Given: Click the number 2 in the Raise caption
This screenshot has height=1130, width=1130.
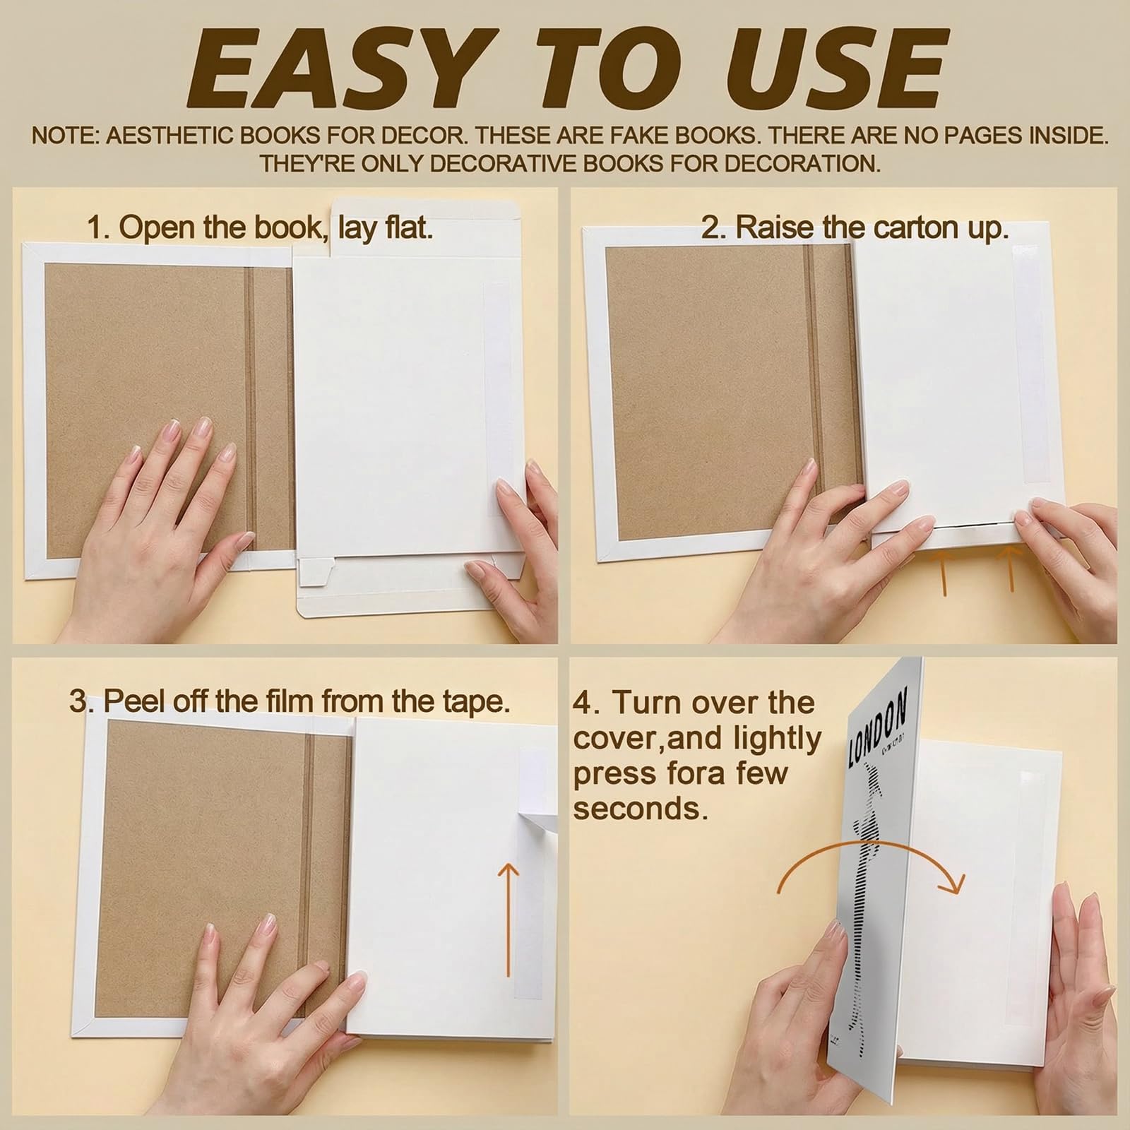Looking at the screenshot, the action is click(x=710, y=227).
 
